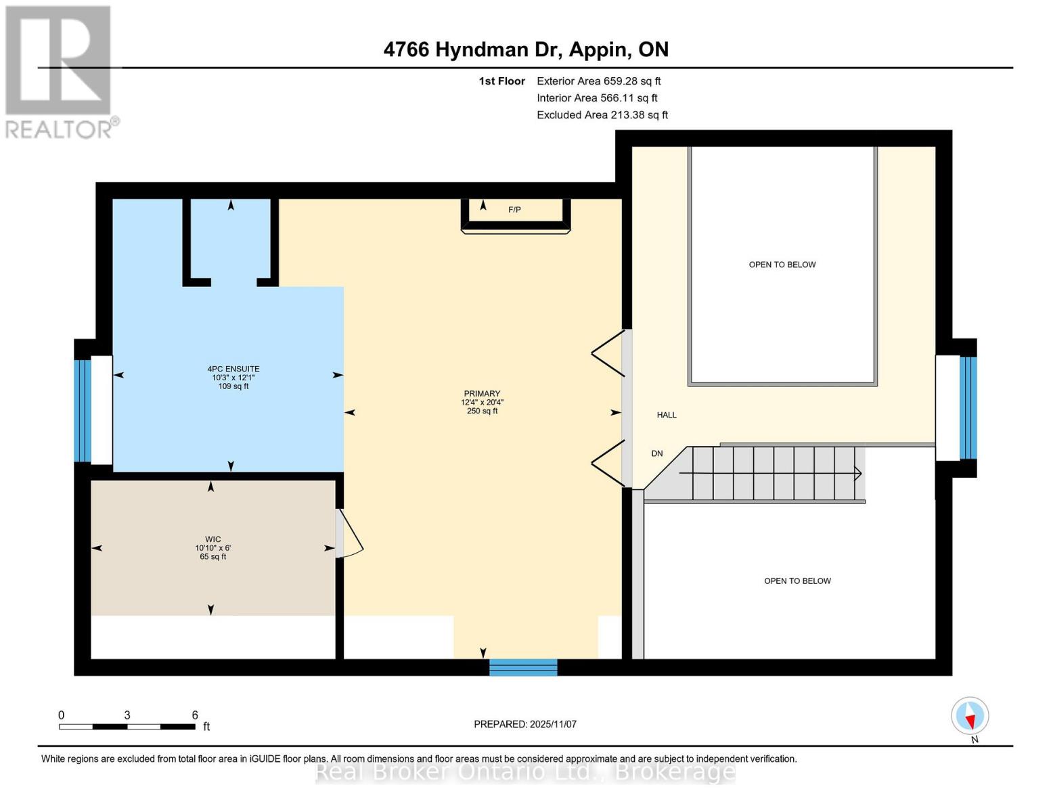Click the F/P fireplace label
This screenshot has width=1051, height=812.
[x=514, y=210]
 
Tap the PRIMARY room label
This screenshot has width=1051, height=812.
[x=482, y=394]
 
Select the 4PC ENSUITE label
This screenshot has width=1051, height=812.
[x=233, y=369]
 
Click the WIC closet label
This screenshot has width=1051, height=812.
[x=213, y=539]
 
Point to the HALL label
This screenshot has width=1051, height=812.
[x=667, y=415]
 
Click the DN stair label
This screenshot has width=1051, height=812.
[x=657, y=453]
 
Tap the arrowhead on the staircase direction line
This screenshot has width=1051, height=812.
[x=858, y=474]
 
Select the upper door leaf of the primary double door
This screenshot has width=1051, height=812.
[x=608, y=353]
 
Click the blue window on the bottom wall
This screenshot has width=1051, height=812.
[x=523, y=667]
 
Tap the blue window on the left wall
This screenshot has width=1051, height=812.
[x=82, y=410]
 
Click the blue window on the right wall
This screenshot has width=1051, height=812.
[x=968, y=407]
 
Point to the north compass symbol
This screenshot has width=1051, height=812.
[x=970, y=716]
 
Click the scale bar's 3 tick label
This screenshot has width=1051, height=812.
[x=127, y=715]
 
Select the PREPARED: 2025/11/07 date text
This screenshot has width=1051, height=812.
[x=525, y=724]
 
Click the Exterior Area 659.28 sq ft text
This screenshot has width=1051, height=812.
[x=598, y=81]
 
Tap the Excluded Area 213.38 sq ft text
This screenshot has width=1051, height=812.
[x=602, y=115]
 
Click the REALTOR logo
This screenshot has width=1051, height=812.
[x=60, y=71]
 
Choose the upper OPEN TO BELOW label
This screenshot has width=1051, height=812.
[x=782, y=265]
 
